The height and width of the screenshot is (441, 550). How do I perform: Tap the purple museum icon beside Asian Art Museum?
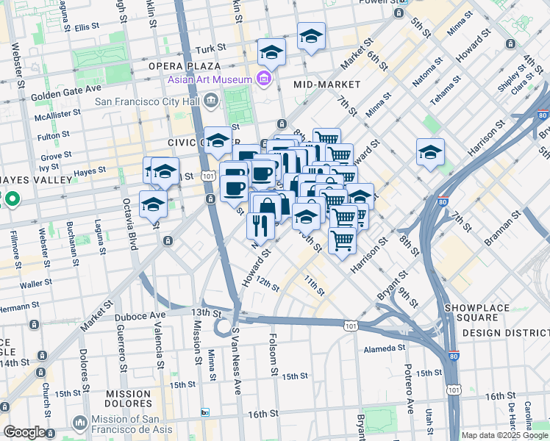262,79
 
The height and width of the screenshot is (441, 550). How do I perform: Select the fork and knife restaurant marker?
261,224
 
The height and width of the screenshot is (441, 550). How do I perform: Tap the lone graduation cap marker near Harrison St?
430,152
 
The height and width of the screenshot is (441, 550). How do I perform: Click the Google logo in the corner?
24,432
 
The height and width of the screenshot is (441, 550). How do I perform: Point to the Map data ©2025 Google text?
504,435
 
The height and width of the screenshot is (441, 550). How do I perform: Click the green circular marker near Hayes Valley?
12,198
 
